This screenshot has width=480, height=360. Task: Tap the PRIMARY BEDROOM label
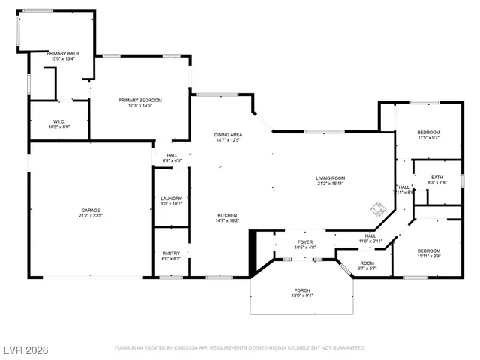coord(139,100)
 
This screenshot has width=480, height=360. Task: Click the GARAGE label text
coord(91,211)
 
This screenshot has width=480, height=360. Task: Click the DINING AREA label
coord(228,134)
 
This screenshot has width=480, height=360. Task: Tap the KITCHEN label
coord(227,214)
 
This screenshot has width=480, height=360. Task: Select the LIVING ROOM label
coord(330,178)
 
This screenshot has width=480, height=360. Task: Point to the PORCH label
coord(302,290)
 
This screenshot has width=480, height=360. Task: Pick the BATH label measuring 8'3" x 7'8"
coord(437,177)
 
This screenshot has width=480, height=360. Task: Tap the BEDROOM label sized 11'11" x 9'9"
coord(428,250)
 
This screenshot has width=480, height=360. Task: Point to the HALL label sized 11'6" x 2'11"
coord(370,235)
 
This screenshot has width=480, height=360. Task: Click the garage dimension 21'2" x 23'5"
coord(91,216)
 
